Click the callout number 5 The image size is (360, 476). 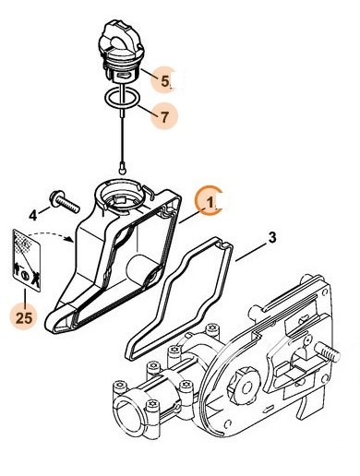coord(166,81)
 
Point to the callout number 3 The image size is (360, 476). coord(272,238)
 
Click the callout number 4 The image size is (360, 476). coord(33,214)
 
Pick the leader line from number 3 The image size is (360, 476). coord(251,250)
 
